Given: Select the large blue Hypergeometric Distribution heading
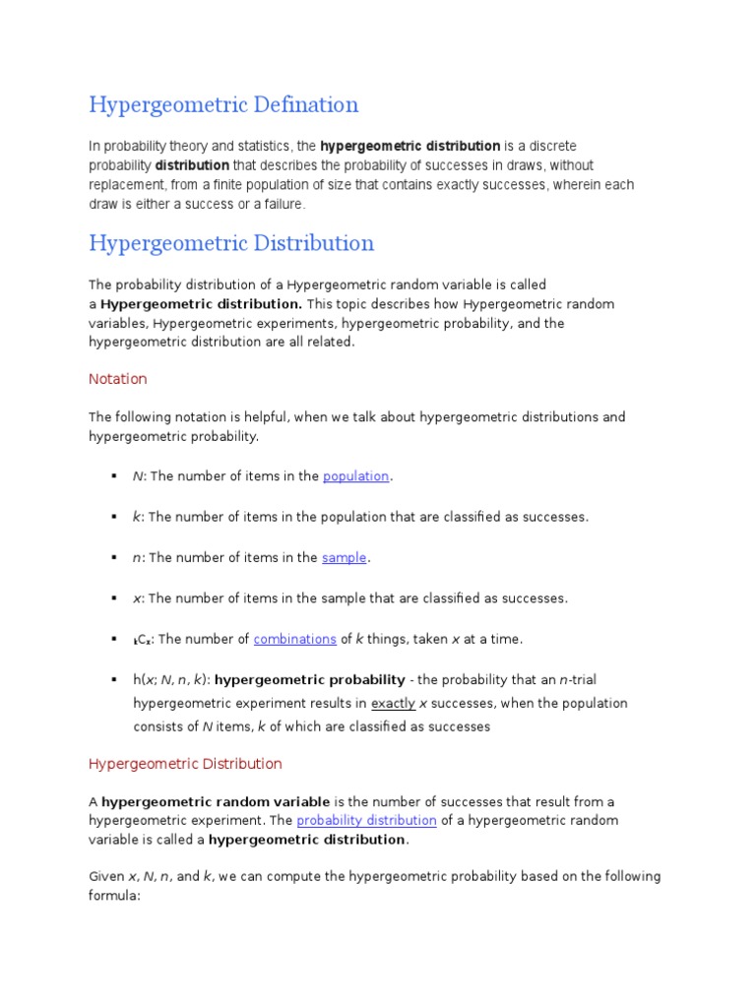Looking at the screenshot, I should [231, 242].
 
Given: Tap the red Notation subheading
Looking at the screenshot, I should [118, 379].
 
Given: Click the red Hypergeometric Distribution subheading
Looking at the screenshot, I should [185, 764].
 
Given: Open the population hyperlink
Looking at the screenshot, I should [356, 476].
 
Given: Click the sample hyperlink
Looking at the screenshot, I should [345, 558].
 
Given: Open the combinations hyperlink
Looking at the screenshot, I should [294, 639].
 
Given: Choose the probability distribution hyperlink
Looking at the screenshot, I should [366, 820].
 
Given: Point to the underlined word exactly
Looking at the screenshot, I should [393, 704].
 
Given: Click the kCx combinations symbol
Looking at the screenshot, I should [142, 640].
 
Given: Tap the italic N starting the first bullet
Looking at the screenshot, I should [137, 476].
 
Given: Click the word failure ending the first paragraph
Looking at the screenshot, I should [282, 205].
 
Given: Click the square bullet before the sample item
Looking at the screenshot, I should [115, 558].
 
